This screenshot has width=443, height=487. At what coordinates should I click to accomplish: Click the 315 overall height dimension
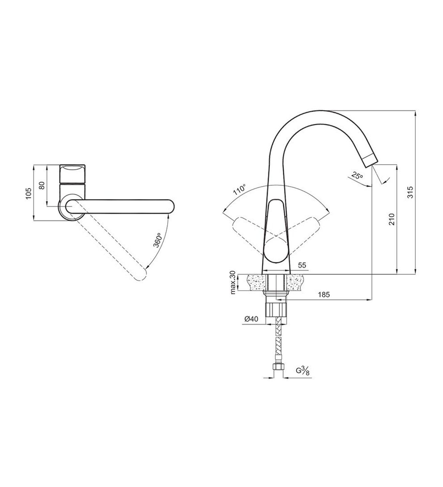click(x=410, y=192)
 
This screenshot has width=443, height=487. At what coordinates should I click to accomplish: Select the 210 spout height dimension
click(x=392, y=219)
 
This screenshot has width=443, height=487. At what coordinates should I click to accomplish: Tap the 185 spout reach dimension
click(x=324, y=295)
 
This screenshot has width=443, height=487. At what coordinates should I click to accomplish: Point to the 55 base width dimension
click(x=302, y=265)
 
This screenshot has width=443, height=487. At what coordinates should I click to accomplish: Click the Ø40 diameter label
click(x=251, y=319)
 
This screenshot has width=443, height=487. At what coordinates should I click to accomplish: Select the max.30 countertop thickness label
click(x=233, y=283)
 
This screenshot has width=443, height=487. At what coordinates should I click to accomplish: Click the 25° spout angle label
click(x=357, y=175)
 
